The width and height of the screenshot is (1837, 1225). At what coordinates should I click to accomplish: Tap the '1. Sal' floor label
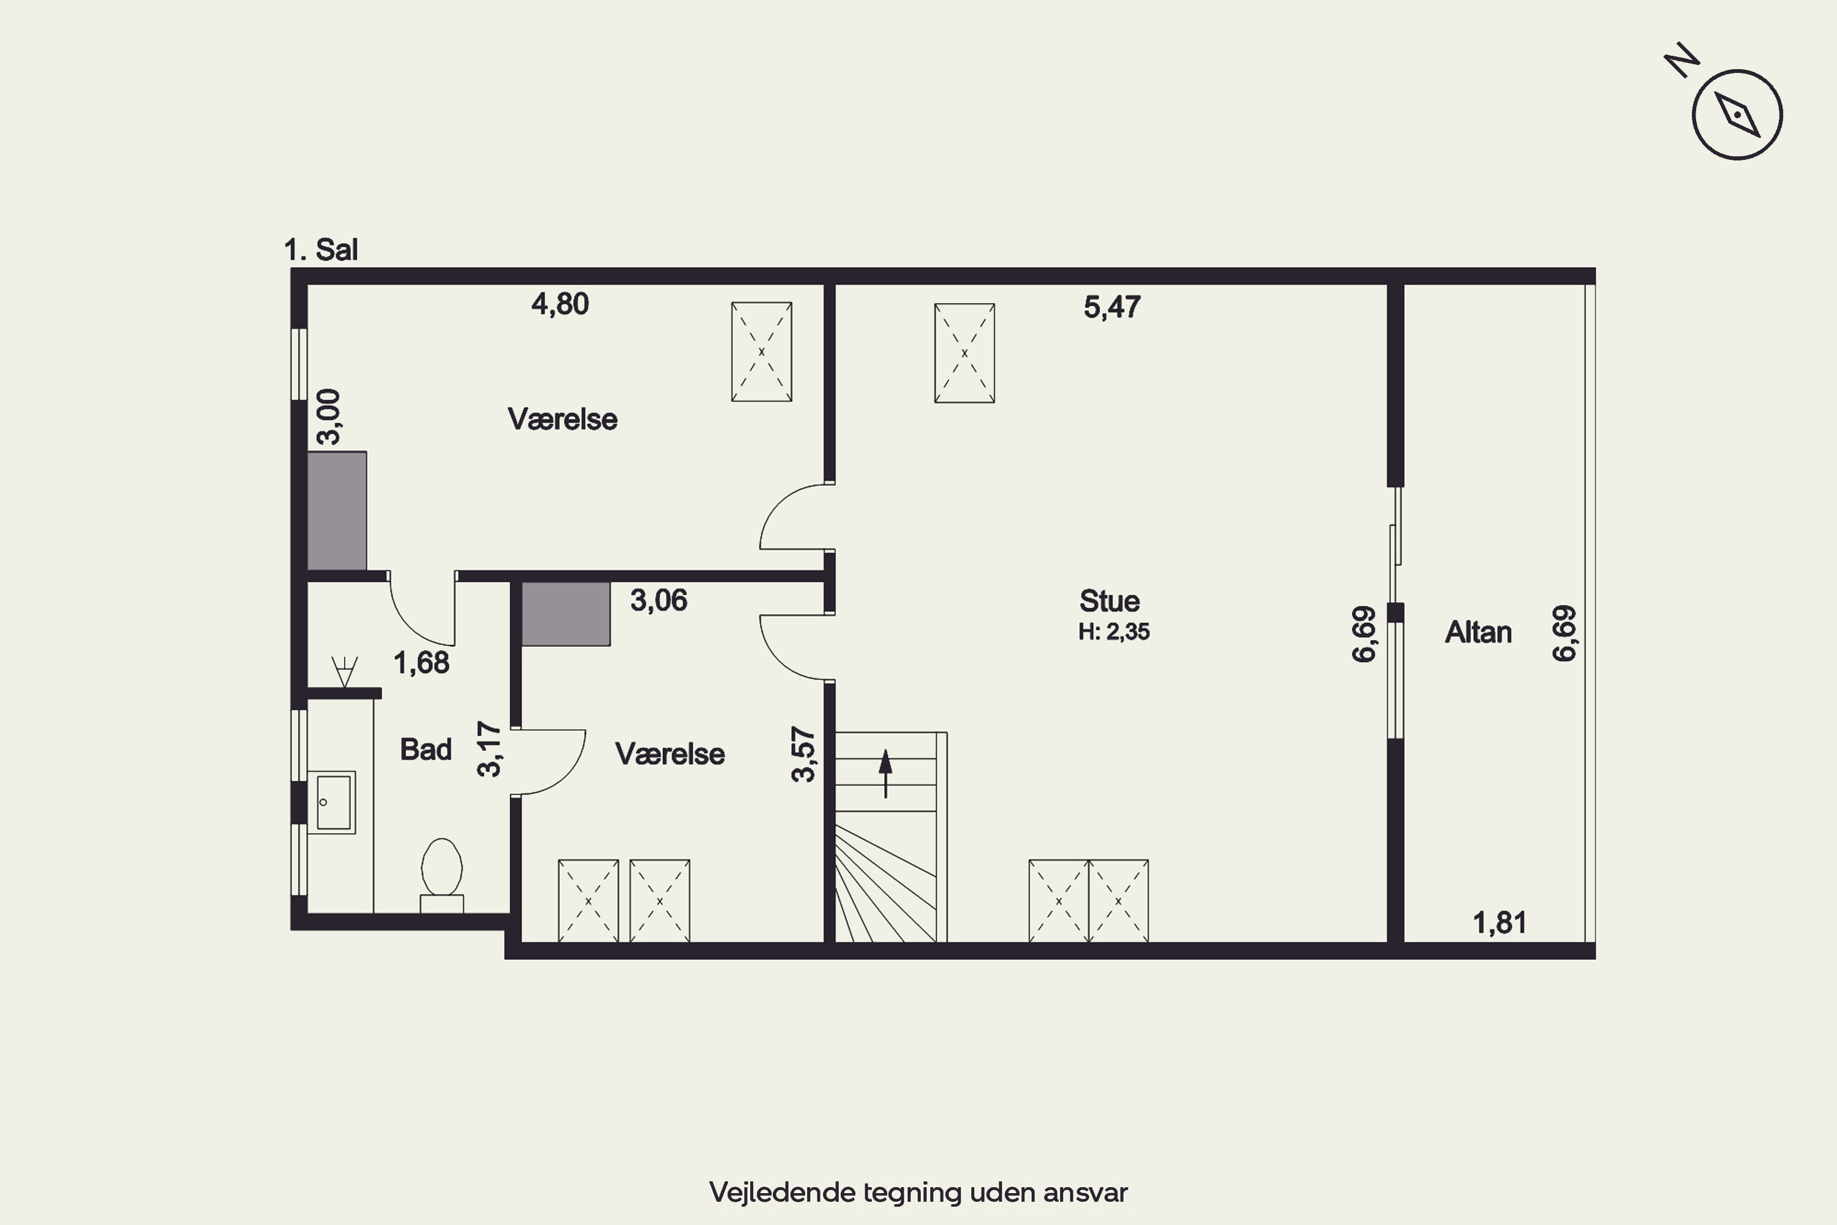coord(320,250)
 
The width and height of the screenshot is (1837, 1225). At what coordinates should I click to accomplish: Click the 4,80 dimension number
coord(560,304)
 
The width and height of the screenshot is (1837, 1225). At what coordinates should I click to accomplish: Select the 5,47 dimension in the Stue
coord(1111,307)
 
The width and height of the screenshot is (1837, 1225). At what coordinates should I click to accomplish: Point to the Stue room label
coord(1109,601)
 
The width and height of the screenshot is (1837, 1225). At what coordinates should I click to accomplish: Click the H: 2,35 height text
coord(1114,631)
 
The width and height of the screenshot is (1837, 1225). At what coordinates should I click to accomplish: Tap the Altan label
coord(1478,632)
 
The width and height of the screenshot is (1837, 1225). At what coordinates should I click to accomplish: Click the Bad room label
coord(426,749)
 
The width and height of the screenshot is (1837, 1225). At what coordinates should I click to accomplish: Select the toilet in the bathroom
coord(442,875)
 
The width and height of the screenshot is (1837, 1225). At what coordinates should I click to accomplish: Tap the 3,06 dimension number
coord(658,601)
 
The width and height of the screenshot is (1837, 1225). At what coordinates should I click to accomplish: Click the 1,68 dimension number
coord(421,663)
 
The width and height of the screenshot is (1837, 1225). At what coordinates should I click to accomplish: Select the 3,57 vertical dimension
coord(803,754)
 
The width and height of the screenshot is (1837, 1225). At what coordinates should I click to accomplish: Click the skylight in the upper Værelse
coord(762,352)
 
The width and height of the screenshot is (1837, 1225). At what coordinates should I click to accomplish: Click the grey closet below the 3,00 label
coord(337,511)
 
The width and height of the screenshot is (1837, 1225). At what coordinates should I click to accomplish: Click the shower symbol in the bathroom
coord(344,672)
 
